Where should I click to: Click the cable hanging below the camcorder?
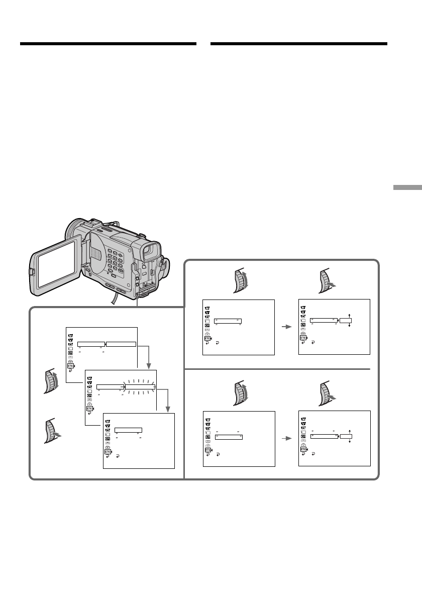click(x=115, y=298)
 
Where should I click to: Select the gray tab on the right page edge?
click(x=407, y=187)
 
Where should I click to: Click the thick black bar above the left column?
click(x=108, y=44)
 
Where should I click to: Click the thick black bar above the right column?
click(x=298, y=44)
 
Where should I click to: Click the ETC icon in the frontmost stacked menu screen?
click(x=108, y=452)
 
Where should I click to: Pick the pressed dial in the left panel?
click(x=51, y=431)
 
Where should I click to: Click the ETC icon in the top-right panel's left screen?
click(x=206, y=338)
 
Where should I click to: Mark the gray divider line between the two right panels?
click(x=281, y=369)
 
